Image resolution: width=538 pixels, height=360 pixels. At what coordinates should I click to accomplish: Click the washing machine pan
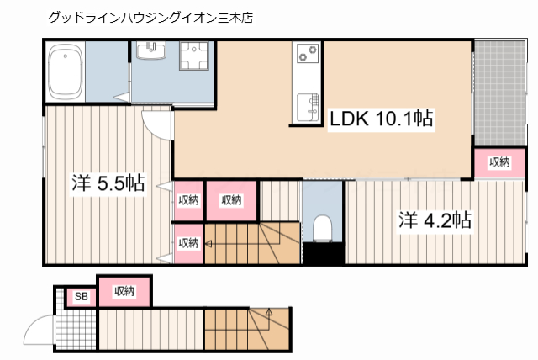point(198,61)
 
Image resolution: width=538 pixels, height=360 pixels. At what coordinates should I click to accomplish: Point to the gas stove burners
point(306,55)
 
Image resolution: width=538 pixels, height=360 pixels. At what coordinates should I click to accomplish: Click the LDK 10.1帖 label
point(380,119)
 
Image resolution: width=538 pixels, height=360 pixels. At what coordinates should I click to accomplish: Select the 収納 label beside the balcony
point(498,162)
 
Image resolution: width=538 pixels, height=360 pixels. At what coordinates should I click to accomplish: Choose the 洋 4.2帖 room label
point(434,221)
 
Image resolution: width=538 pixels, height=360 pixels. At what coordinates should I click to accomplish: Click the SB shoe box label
point(82,296)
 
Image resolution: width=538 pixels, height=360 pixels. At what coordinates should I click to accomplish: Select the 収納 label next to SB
point(124,291)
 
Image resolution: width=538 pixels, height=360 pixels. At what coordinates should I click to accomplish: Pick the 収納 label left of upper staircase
point(188,243)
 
